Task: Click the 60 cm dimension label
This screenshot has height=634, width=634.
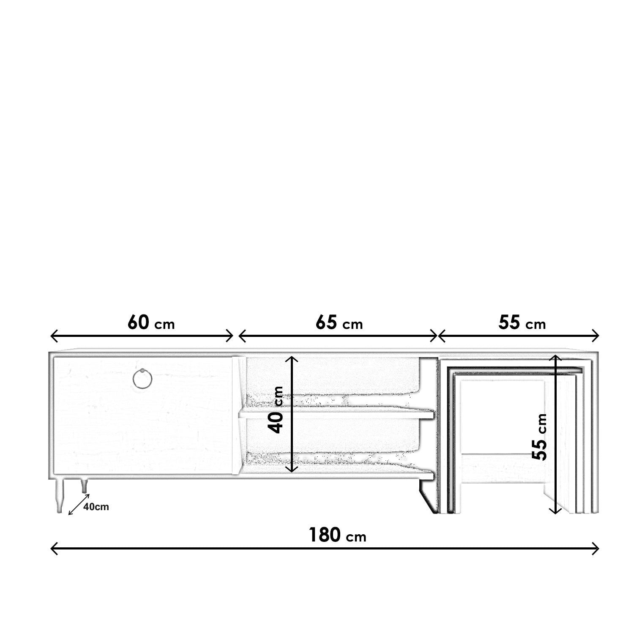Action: click(x=151, y=323)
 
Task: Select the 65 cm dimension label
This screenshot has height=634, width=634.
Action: click(x=339, y=323)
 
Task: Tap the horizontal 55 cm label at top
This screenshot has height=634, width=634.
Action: click(x=522, y=323)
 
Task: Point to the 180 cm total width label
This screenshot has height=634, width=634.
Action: click(x=337, y=535)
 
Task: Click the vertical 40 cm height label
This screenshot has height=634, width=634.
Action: click(x=277, y=410)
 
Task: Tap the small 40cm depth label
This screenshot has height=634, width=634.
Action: click(x=96, y=507)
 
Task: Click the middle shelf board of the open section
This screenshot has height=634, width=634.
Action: click(x=336, y=415)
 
